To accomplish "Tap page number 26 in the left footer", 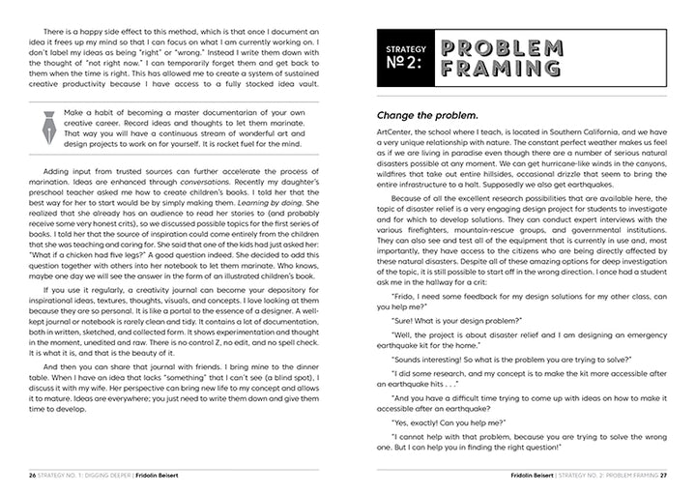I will tap(33, 476).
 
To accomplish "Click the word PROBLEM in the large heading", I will tap(501, 47).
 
